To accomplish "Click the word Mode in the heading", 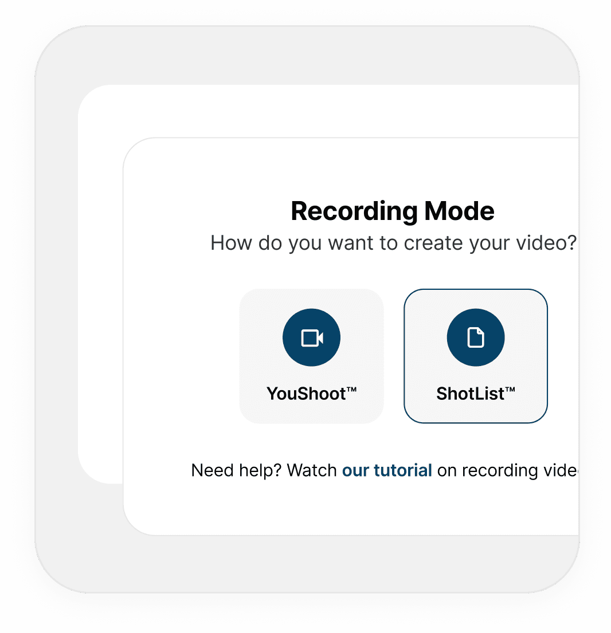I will (459, 211).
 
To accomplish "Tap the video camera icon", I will (312, 338).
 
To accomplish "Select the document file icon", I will (476, 338).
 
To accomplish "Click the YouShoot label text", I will (306, 394).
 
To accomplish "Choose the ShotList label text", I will (470, 394).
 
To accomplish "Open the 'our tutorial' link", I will (387, 470).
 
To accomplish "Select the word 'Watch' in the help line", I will (311, 470).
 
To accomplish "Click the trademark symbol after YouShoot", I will (352, 390).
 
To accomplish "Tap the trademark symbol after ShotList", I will (510, 390).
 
